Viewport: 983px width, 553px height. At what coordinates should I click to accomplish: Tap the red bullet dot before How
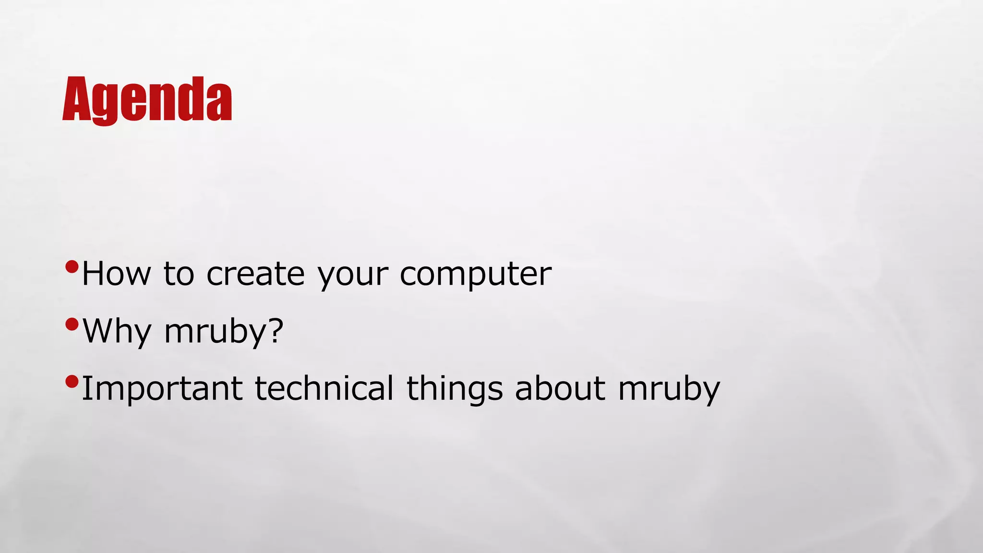(72, 267)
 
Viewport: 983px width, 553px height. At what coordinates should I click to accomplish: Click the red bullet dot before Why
(72, 325)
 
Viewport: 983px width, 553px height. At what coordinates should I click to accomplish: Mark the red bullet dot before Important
(72, 382)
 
